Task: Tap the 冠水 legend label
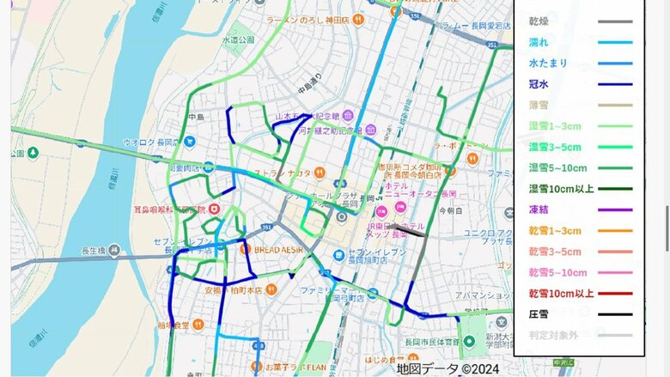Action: [x=539, y=84]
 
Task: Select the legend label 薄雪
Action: [x=539, y=105]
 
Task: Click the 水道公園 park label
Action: [x=239, y=40]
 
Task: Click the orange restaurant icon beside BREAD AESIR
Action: [x=245, y=249]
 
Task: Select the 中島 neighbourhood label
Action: [x=197, y=117]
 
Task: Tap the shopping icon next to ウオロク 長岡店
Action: [x=190, y=142]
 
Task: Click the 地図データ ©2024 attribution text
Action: [x=448, y=368]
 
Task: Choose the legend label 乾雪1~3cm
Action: [x=555, y=231]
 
